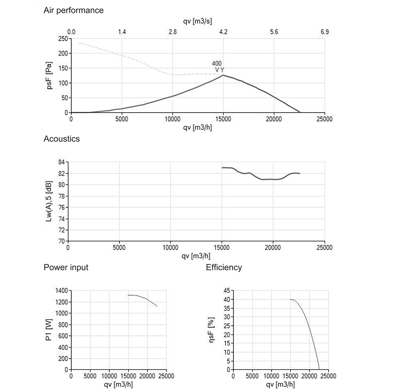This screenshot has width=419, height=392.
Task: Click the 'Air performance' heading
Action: coord(73,10)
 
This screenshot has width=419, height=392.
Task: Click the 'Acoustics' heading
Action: coord(62,139)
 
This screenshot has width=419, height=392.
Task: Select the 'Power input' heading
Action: coord(66,268)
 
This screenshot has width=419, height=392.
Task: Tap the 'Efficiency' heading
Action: coord(224,268)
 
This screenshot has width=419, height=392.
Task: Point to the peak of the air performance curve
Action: coord(223,75)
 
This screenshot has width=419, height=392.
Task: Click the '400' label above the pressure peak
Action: coord(217,64)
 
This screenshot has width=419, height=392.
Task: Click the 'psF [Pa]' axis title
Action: coord(49,75)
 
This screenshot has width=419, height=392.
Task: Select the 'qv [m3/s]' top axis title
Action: coord(197,21)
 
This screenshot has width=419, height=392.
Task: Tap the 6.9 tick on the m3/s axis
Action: coord(325,32)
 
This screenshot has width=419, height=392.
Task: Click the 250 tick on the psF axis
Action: coord(63,39)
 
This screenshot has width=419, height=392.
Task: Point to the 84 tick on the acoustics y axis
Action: coord(62,162)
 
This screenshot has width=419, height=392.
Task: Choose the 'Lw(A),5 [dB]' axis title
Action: coord(49,201)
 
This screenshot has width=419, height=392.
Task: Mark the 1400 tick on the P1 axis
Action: coord(62,291)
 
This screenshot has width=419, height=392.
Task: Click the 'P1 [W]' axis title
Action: coord(49,330)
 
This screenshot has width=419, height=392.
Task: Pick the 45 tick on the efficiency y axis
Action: coord(227,291)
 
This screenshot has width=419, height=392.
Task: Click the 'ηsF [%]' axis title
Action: coord(211,330)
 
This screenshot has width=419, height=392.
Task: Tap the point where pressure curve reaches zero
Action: coord(300,112)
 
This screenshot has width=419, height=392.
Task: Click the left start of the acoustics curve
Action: coord(222,168)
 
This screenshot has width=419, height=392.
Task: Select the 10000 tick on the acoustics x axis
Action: coord(171,248)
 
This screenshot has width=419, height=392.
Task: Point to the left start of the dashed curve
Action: coord(79,43)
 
